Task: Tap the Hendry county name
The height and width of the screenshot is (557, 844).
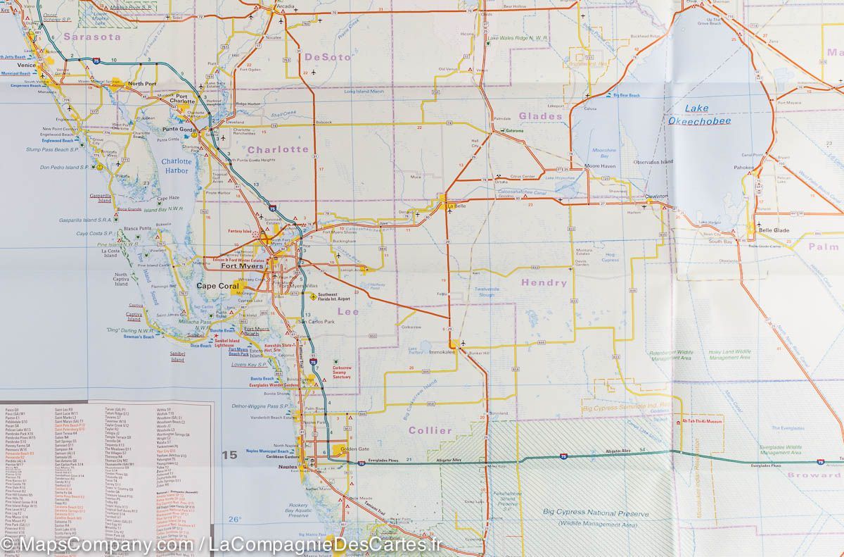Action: [x=544, y=282]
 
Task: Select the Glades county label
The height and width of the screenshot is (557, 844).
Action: [x=540, y=116]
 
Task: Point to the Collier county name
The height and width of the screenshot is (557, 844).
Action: [x=430, y=430]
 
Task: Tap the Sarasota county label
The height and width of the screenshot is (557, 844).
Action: [x=91, y=36]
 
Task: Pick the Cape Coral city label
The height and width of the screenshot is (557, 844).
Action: [x=217, y=286]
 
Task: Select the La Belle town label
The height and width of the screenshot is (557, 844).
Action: [x=458, y=206]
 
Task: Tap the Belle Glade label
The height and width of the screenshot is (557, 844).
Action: [x=774, y=230]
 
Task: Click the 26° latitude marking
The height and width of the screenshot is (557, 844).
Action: [x=234, y=520]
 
